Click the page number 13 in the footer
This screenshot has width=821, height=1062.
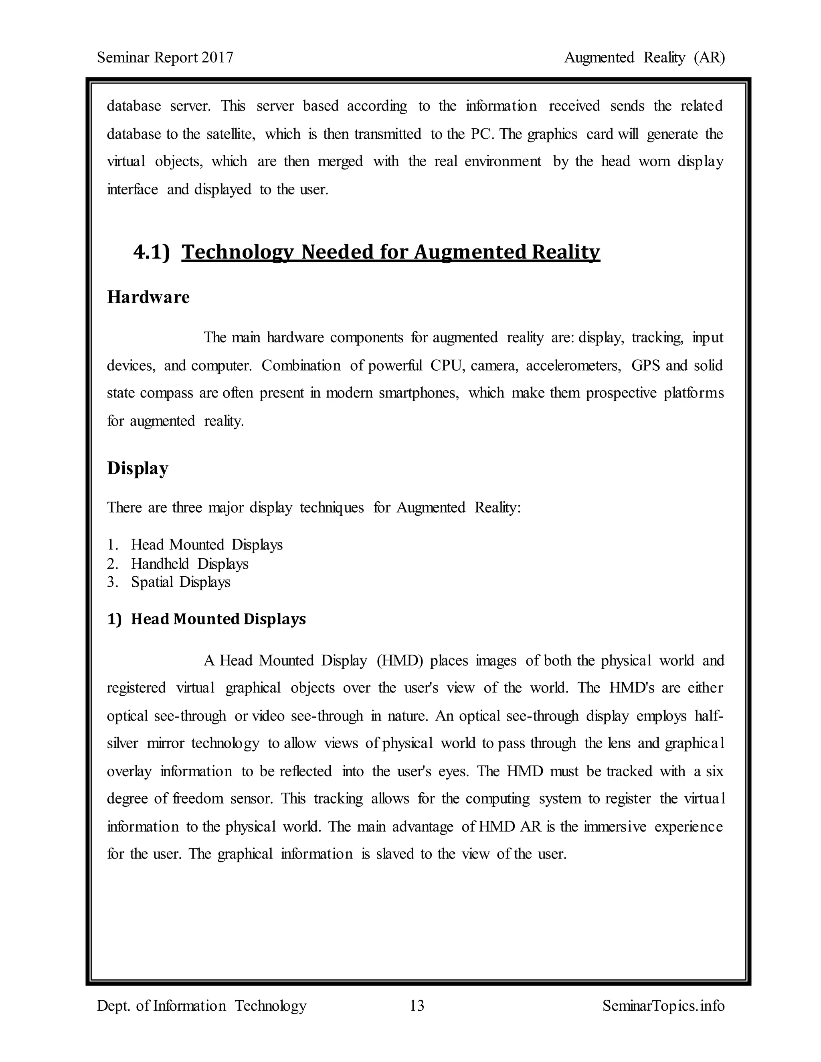tap(417, 1005)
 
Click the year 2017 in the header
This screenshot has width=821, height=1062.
tap(217, 57)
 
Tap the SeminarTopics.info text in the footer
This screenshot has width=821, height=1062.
tap(663, 1005)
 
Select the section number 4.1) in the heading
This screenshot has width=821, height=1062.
tap(151, 252)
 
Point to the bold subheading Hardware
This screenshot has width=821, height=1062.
tap(148, 297)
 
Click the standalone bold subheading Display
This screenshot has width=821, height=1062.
tap(137, 468)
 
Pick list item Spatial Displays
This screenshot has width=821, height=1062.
tap(180, 582)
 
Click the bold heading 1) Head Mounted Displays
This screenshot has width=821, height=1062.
tap(207, 619)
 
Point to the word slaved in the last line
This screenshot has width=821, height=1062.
tap(394, 854)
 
